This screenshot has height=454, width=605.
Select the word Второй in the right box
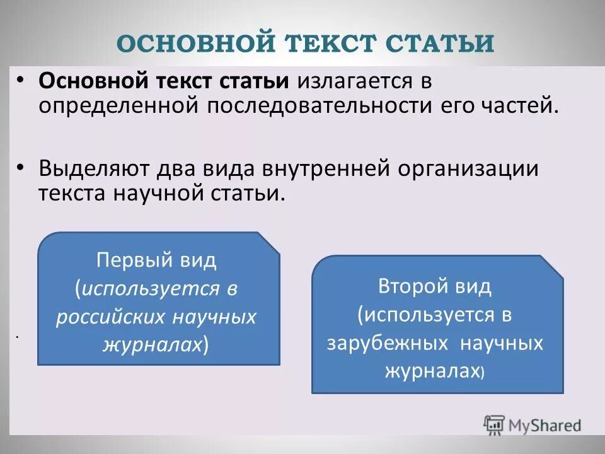pyautogui.click(x=412, y=286)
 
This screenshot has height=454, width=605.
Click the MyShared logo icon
pyautogui.click(x=494, y=425)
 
